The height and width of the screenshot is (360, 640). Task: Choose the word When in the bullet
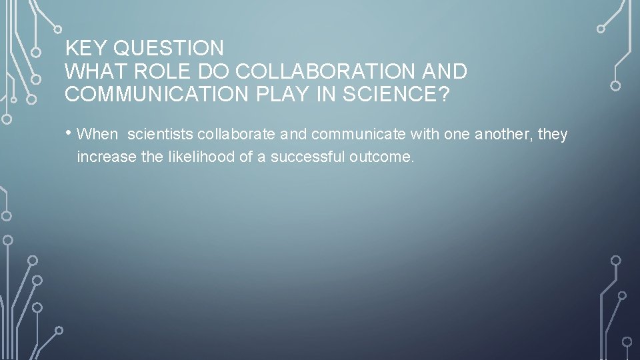pyautogui.click(x=97, y=135)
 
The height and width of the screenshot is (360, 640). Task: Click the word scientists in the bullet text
pyautogui.click(x=160, y=135)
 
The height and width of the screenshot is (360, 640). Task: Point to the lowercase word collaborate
pyautogui.click(x=237, y=135)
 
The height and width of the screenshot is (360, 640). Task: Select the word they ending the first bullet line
pyautogui.click(x=553, y=135)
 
